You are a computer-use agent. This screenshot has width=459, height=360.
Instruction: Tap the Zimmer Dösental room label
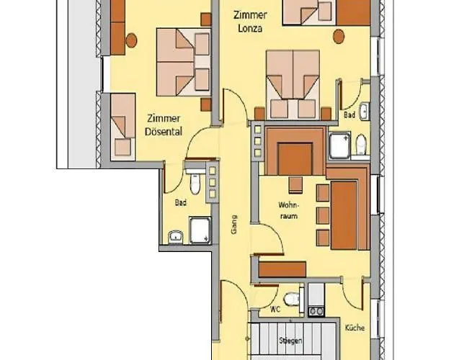pyautogui.click(x=163, y=125)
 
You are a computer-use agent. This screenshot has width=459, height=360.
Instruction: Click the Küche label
pyautogui.click(x=355, y=327)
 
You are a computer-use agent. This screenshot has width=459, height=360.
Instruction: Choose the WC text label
pyautogui.click(x=275, y=310)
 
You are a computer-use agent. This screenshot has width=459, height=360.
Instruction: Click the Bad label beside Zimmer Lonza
pyautogui.click(x=349, y=114)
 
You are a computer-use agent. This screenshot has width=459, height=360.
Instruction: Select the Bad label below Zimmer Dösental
pyautogui.click(x=180, y=204)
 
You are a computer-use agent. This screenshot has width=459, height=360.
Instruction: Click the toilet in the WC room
pyautogui.click(x=291, y=299)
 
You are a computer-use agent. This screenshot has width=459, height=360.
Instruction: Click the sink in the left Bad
pyautogui.click(x=175, y=236)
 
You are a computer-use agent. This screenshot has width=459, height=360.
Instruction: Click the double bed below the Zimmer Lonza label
pyautogui.click(x=292, y=85)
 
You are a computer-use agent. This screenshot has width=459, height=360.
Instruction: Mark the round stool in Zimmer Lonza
pyautogui.click(x=338, y=35)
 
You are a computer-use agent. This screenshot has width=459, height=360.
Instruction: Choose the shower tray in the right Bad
pyautogui.click(x=339, y=145)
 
